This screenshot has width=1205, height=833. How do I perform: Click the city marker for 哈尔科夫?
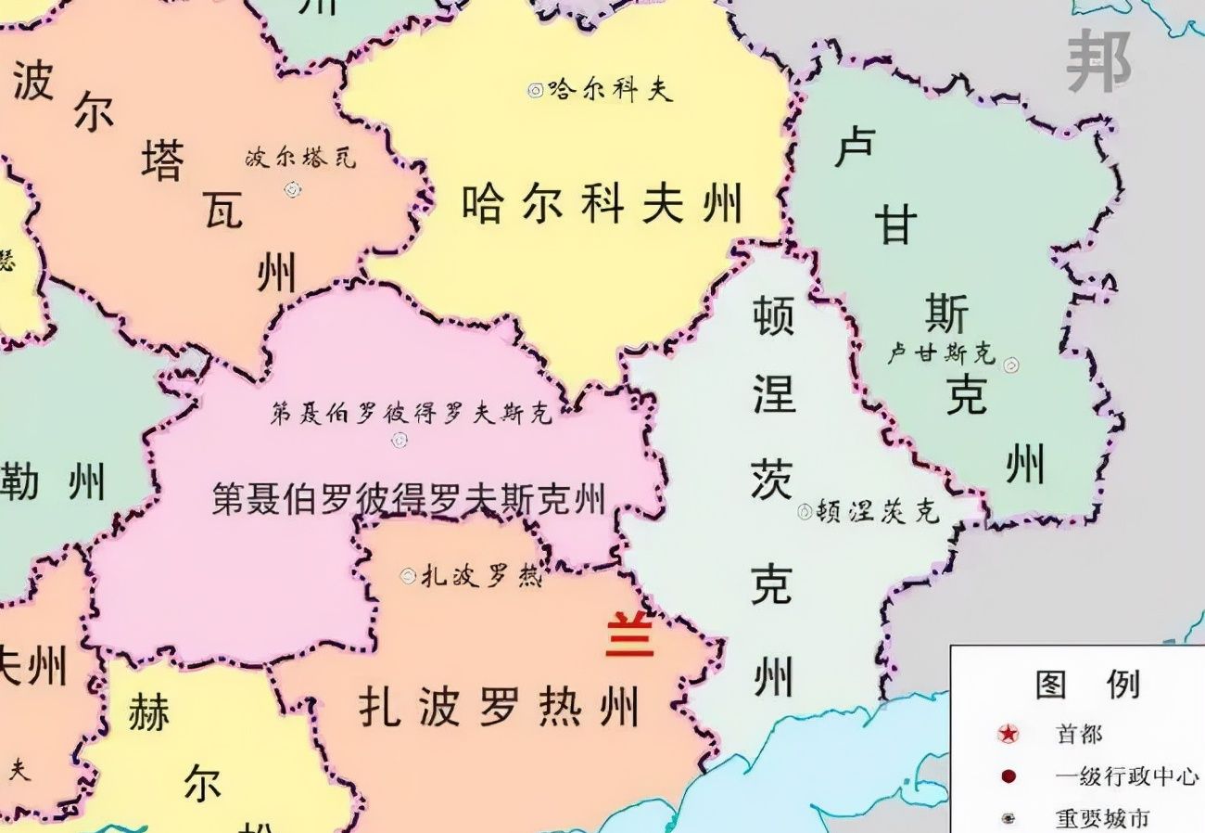(x=535, y=90)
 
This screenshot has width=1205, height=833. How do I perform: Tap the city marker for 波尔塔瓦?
(x=293, y=189)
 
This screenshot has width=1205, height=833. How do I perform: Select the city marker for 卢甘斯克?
(x=1011, y=365)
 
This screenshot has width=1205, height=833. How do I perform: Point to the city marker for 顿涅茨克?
(x=805, y=511)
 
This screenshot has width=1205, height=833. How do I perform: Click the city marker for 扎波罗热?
(x=408, y=576)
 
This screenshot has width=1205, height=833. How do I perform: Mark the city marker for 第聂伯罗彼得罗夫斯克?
(x=400, y=440)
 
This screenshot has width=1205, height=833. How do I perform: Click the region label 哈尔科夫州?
(x=602, y=204)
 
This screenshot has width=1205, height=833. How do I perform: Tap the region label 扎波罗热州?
(x=499, y=708)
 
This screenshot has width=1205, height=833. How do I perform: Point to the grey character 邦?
(x=1098, y=61)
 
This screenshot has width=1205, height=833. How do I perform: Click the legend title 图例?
(x=1086, y=685)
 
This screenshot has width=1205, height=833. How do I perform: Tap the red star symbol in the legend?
(x=1008, y=735)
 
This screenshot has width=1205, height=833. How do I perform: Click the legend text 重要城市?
(x=1102, y=818)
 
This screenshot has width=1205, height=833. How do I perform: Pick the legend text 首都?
(x=1079, y=735)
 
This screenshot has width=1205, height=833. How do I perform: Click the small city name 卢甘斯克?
(x=940, y=352)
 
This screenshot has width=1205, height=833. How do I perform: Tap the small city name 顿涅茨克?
(x=878, y=510)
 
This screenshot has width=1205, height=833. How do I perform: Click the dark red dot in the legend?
(x=1008, y=776)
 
